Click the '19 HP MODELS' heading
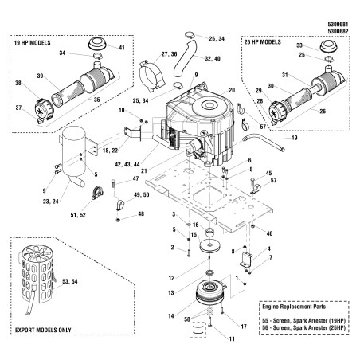tap(32, 43)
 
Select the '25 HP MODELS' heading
tap(262, 42)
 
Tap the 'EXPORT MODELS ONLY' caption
tap(43, 331)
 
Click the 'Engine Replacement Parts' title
tap(294, 307)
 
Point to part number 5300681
tap(338, 25)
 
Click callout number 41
tap(122, 48)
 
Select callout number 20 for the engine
tap(232, 90)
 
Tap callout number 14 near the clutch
tap(171, 315)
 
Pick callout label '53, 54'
tap(70, 281)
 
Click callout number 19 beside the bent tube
tap(295, 138)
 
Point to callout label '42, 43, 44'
tap(127, 165)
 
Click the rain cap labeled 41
tap(97, 44)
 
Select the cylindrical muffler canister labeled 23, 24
tap(73, 153)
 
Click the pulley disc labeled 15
tap(210, 245)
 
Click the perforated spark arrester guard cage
tap(37, 274)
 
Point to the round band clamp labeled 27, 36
tap(153, 76)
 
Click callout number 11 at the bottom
tap(232, 339)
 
